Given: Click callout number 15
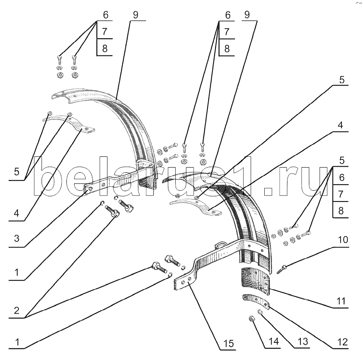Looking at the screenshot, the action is [x=229, y=344].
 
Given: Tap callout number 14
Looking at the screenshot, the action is [x=274, y=341].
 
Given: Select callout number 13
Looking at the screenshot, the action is [x=303, y=342].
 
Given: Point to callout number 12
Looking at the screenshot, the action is [x=342, y=342].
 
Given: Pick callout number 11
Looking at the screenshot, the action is [x=341, y=301].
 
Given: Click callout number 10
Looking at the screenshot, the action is [x=343, y=240].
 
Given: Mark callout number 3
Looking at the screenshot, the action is [x=17, y=238].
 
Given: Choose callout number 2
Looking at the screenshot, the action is [x=17, y=311].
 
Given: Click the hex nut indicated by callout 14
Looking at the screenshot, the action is [x=251, y=320].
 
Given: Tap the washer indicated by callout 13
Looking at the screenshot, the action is [x=260, y=312].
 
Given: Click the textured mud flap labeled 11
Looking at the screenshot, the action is [x=255, y=281].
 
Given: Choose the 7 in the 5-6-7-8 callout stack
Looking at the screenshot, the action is [x=341, y=194].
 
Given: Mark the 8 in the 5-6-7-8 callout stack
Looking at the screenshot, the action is [x=341, y=211].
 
